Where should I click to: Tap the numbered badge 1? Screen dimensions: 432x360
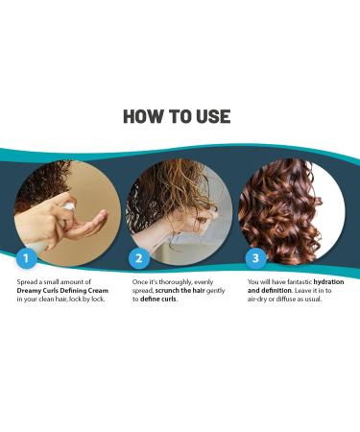point(29,258)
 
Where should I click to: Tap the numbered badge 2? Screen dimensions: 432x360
point(138,258)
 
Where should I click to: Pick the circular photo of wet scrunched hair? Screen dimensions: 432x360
point(178,205)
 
